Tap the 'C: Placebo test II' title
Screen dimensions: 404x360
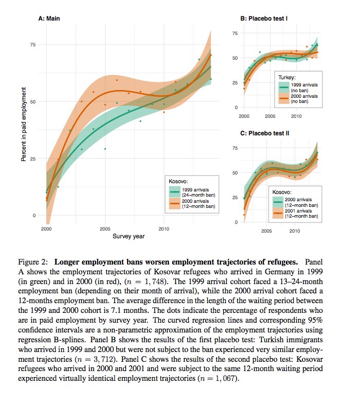265,133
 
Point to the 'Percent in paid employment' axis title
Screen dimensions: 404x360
24,124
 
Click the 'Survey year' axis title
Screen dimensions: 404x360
129,237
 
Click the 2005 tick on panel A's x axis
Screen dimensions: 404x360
105,229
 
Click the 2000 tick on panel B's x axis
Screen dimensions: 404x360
244,116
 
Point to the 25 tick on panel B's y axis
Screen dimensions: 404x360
236,83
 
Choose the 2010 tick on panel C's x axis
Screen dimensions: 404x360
294,231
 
